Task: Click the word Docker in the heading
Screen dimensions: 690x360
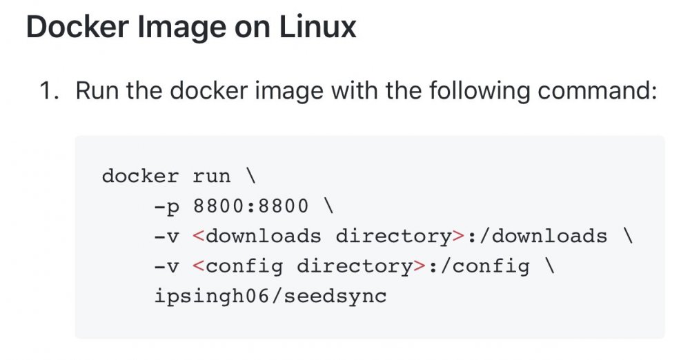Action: click(x=77, y=28)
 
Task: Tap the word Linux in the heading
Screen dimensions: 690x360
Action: click(x=317, y=28)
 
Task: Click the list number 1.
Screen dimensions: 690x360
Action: click(x=49, y=90)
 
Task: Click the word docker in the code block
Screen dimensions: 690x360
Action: click(x=140, y=177)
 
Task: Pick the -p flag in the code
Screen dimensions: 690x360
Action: click(x=167, y=207)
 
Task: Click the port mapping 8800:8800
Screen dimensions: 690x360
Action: click(x=251, y=206)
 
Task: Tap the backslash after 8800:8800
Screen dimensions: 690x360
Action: click(x=328, y=206)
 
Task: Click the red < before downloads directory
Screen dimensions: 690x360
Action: click(x=199, y=237)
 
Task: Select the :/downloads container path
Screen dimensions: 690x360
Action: click(x=537, y=237)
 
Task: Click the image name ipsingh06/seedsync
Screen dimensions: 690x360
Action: click(x=270, y=296)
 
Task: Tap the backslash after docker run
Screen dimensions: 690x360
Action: click(x=251, y=176)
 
